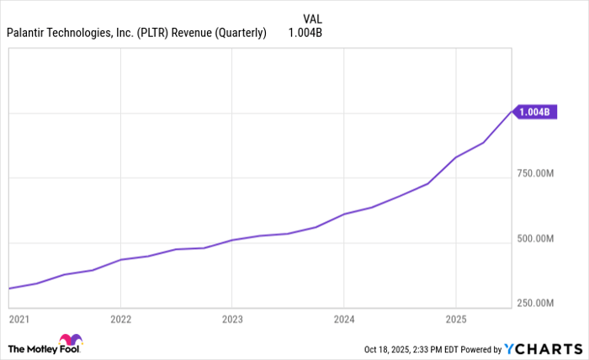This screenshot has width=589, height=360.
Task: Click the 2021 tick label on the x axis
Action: (18, 320)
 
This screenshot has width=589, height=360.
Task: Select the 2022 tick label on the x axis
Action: (121, 320)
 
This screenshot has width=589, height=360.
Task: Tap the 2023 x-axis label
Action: (232, 320)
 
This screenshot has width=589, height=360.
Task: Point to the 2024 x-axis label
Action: (344, 320)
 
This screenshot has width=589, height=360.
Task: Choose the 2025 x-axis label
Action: (455, 320)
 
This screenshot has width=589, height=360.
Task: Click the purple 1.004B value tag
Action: (536, 112)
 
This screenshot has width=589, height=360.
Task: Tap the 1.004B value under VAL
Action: (305, 34)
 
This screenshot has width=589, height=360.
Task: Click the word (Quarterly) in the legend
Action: (238, 34)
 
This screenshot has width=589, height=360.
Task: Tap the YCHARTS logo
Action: (541, 348)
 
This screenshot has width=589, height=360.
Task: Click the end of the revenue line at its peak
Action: (511, 110)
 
